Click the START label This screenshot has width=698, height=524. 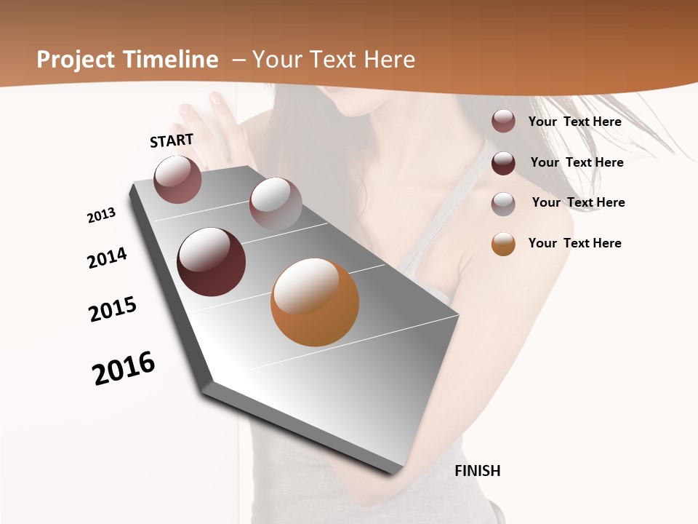172,140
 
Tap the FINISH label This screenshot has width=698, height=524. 477,471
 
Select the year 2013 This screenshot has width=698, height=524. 101,215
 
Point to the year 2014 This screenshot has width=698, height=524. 107,258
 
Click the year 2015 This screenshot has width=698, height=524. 113,309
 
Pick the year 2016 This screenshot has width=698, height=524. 124,368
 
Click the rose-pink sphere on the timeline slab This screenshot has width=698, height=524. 177,179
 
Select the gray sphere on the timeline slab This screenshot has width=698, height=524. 276,203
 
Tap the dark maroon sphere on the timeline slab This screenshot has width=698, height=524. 212,262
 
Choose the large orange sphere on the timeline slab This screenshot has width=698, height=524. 315,301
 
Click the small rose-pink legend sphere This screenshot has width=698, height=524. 503,121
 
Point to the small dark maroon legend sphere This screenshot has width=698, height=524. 503,162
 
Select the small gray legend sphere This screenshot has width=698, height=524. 503,203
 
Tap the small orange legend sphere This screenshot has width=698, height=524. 503,244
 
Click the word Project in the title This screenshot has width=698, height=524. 76,60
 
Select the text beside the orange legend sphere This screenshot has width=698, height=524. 574,243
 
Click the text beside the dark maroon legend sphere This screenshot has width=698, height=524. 577,162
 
